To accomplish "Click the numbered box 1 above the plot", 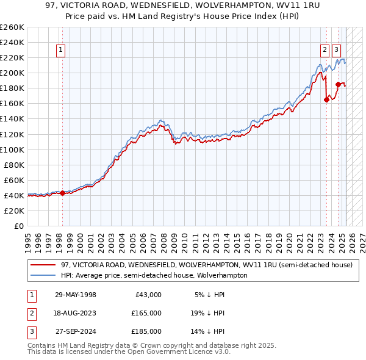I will pyautogui.click(x=62, y=51).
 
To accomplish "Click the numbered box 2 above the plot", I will pyautogui.click(x=325, y=51).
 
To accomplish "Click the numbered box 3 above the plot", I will pyautogui.click(x=337, y=51).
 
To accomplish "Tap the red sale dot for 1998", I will pyautogui.click(x=62, y=193).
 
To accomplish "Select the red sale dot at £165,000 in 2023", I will pyautogui.click(x=326, y=100).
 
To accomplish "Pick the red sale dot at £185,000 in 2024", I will pyautogui.click(x=338, y=84).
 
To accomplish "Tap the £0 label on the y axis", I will pyautogui.click(x=18, y=226).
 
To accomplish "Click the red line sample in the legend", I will pyautogui.click(x=43, y=265).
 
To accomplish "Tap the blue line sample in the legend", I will pyautogui.click(x=43, y=275).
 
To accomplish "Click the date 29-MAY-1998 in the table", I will pyautogui.click(x=76, y=295).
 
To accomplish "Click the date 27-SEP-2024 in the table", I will pyautogui.click(x=76, y=331).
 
